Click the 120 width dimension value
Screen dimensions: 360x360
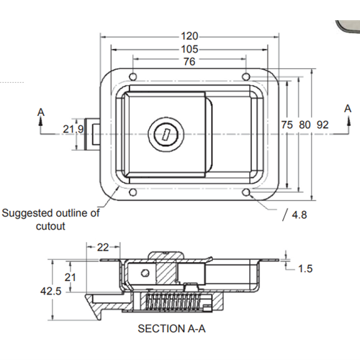point(189,36)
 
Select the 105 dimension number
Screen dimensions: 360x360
point(189,49)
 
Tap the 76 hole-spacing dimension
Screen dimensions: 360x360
point(189,62)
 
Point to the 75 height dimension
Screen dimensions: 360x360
point(287,125)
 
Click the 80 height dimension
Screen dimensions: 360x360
point(305,125)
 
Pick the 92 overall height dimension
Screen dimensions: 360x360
point(323,125)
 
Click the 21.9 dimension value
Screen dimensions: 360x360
point(73,129)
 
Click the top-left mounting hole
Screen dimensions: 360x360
point(132,76)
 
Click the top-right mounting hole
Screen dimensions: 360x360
point(246,76)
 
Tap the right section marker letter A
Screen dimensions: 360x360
point(348,108)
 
